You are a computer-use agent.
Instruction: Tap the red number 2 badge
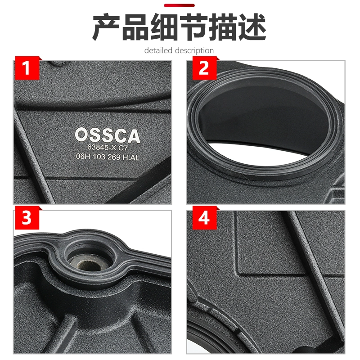pyautogui.click(x=204, y=68)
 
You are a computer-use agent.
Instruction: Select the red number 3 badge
pyautogui.click(x=27, y=218)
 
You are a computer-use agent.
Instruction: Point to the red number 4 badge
pyautogui.click(x=204, y=218)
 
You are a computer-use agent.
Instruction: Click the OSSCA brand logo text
pyautogui.click(x=108, y=135)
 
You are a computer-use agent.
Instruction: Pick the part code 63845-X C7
pyautogui.click(x=108, y=147)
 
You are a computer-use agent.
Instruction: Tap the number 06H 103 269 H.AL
pyautogui.click(x=108, y=157)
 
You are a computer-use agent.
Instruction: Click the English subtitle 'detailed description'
pyautogui.click(x=179, y=50)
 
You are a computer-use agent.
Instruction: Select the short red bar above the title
pyautogui.click(x=179, y=5)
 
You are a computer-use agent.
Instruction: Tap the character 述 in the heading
pyautogui.click(x=252, y=27)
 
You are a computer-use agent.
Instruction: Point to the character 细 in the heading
pyautogui.click(x=165, y=27)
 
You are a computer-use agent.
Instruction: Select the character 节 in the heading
pyautogui.click(x=194, y=27)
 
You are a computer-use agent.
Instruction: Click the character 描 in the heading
pyautogui.click(x=223, y=27)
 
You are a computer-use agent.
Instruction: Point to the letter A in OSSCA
pyautogui.click(x=133, y=136)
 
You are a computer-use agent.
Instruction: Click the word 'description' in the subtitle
pyautogui.click(x=194, y=51)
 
